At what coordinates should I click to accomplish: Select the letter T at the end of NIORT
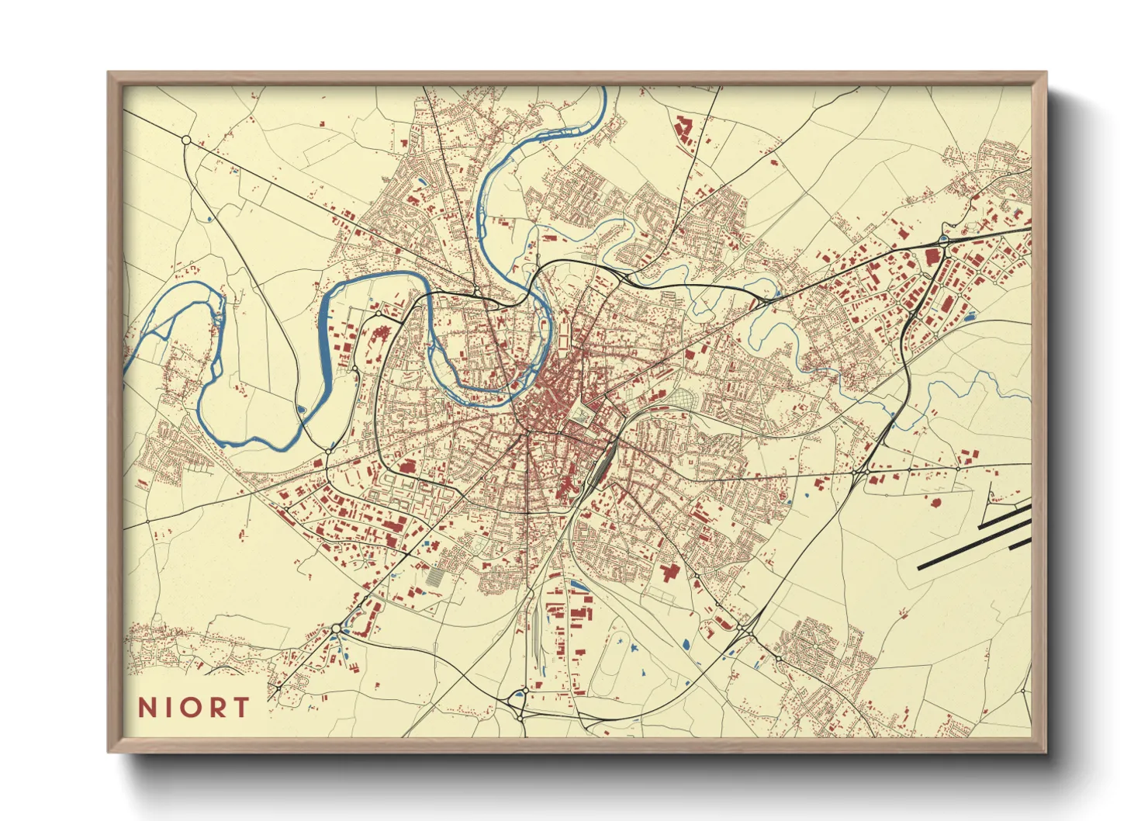click(x=242, y=708)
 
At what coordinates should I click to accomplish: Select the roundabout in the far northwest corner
click(x=186, y=140)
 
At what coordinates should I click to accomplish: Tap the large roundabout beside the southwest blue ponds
click(x=336, y=629)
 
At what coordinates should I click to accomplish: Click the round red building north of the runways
click(x=935, y=504)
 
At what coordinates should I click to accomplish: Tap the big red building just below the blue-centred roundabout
click(x=932, y=258)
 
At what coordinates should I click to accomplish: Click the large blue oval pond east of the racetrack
click(x=685, y=643)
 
